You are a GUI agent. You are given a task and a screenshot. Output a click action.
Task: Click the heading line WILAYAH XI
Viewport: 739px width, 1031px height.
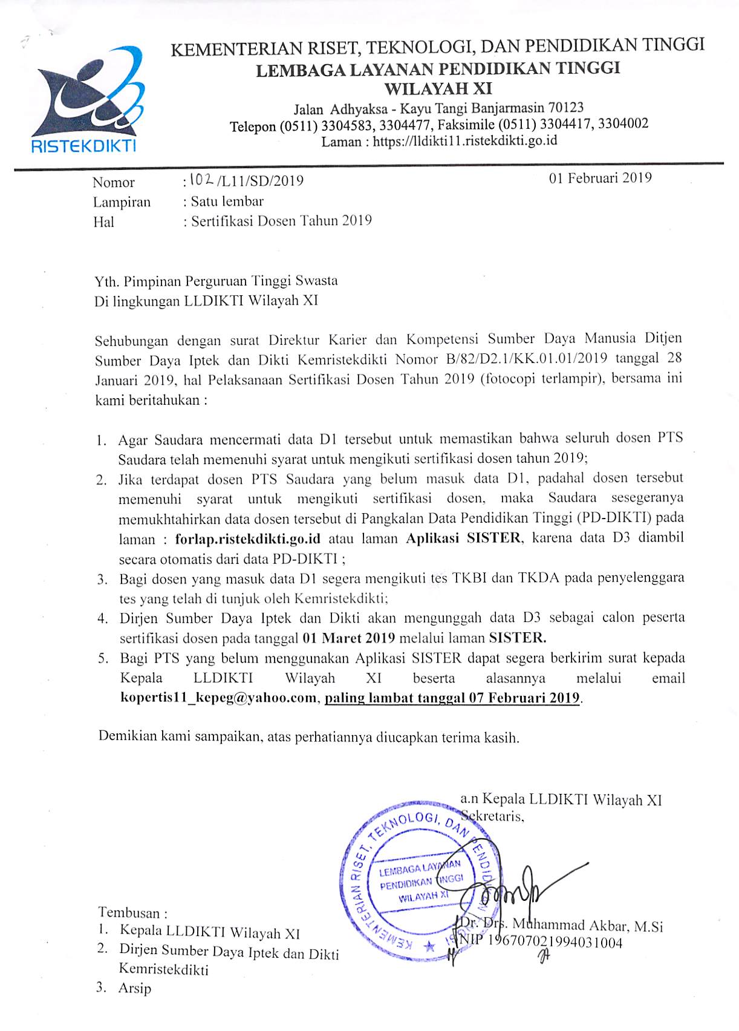[x=438, y=88]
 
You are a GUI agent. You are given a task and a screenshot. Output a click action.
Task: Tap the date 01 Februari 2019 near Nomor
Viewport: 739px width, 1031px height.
[x=600, y=178]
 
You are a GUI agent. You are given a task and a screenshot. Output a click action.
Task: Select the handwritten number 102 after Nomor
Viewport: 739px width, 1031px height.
[x=200, y=180]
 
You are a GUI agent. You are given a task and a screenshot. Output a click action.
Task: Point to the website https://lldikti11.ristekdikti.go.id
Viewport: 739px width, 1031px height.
[x=464, y=141]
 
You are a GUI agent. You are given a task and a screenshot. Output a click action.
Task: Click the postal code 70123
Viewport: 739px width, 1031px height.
[x=566, y=108]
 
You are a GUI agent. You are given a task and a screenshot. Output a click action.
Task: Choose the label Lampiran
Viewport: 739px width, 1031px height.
[x=122, y=202]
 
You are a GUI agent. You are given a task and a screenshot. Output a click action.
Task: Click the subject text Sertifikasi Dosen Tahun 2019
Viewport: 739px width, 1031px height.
[x=281, y=220]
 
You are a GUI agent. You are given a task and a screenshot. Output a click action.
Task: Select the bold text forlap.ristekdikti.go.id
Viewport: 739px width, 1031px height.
[x=247, y=538]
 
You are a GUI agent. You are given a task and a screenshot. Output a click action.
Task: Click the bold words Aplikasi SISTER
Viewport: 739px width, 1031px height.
[x=463, y=538]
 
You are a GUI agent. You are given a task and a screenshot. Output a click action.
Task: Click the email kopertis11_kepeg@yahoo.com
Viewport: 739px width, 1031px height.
[x=218, y=698]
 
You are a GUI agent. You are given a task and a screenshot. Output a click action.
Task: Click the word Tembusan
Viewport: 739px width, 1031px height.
[x=129, y=912]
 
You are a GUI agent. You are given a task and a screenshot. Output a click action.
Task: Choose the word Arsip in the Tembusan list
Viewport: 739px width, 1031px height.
[x=135, y=989]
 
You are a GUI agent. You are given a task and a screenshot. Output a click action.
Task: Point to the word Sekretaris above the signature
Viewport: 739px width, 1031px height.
[x=493, y=816]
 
